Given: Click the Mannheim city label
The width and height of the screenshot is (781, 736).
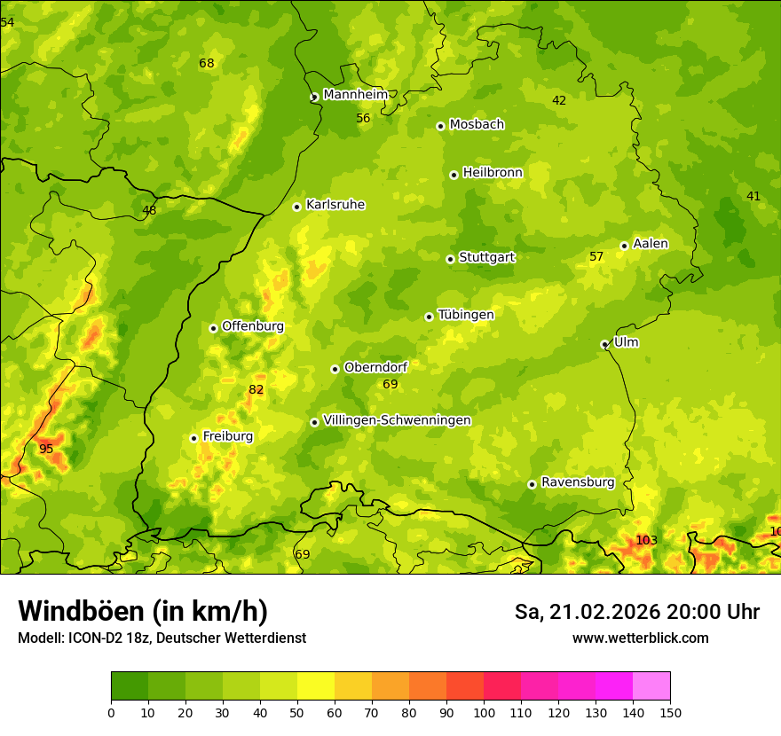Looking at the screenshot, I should click(x=356, y=95).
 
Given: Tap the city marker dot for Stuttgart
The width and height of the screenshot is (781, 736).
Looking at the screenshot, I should click(x=450, y=259).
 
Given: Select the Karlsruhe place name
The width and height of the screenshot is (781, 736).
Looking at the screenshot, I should click(x=335, y=205).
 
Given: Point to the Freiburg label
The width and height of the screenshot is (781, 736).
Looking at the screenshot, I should click(x=227, y=436).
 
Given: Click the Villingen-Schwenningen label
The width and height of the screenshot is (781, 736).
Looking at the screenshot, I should click(x=397, y=420).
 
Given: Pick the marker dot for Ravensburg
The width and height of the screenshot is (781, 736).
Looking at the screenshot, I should click(x=532, y=484).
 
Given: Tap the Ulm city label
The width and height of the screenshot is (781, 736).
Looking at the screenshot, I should click(x=626, y=342).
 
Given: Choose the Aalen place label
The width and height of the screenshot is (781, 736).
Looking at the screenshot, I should click(x=651, y=244).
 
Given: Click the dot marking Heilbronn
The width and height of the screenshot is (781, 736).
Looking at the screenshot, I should click(x=454, y=175).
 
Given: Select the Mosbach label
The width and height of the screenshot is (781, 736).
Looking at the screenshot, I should click(x=477, y=125).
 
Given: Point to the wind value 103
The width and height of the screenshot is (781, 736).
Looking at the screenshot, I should click(x=646, y=540).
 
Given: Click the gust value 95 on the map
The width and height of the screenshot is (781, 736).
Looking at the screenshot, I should click(x=46, y=449).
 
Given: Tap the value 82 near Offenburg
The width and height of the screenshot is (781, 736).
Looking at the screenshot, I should click(x=256, y=389).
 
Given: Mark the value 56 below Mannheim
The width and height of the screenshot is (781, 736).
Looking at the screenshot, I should click(x=363, y=118).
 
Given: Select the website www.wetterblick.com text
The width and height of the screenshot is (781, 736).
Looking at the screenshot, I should click(x=640, y=638).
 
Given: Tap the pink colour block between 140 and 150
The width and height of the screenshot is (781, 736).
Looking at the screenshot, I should click(x=651, y=685).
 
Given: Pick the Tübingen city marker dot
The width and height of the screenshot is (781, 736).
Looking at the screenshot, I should click(x=429, y=317).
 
